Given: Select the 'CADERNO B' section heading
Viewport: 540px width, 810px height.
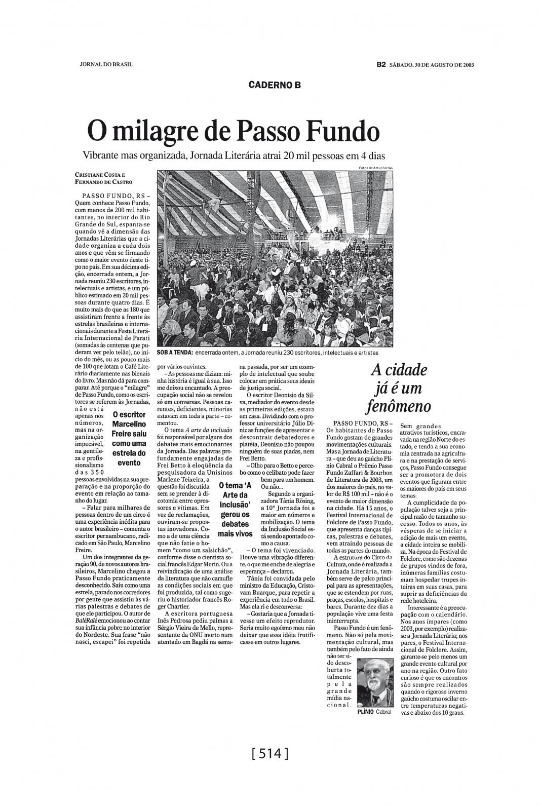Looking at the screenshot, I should (x=275, y=85).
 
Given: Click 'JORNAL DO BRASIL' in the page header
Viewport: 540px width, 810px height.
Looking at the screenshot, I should (x=106, y=64).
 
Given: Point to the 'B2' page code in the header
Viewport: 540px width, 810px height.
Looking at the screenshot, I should (x=381, y=64).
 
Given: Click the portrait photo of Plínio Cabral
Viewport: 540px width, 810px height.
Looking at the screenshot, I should (x=375, y=683).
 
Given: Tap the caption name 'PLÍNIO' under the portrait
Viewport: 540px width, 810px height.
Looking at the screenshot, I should (x=366, y=712).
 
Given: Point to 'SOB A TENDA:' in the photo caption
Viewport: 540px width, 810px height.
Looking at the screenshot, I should (x=174, y=353).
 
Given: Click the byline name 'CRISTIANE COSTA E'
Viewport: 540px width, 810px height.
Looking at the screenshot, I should (x=100, y=175).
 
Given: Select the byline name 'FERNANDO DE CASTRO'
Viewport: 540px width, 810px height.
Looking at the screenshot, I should (x=103, y=181).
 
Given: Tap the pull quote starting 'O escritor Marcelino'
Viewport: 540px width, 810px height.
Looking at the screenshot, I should (x=129, y=439).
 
